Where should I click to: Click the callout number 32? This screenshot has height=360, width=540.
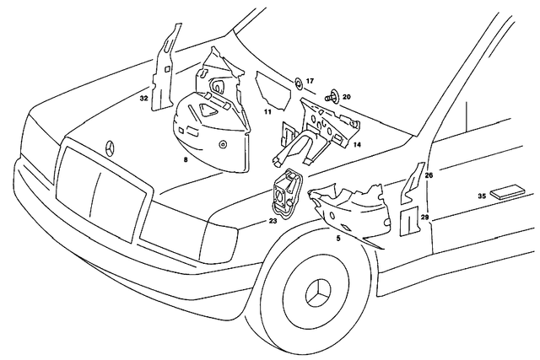(143, 98)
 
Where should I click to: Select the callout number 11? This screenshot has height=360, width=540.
(267, 111)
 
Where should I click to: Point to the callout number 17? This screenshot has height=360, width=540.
(310, 81)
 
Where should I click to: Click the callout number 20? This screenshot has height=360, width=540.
(346, 97)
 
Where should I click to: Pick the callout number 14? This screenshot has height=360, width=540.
(357, 145)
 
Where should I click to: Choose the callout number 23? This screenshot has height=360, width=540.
(273, 221)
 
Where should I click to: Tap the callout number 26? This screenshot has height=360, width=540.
(429, 175)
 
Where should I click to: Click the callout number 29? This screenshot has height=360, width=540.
(425, 218)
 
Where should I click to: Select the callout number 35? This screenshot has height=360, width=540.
(481, 196)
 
